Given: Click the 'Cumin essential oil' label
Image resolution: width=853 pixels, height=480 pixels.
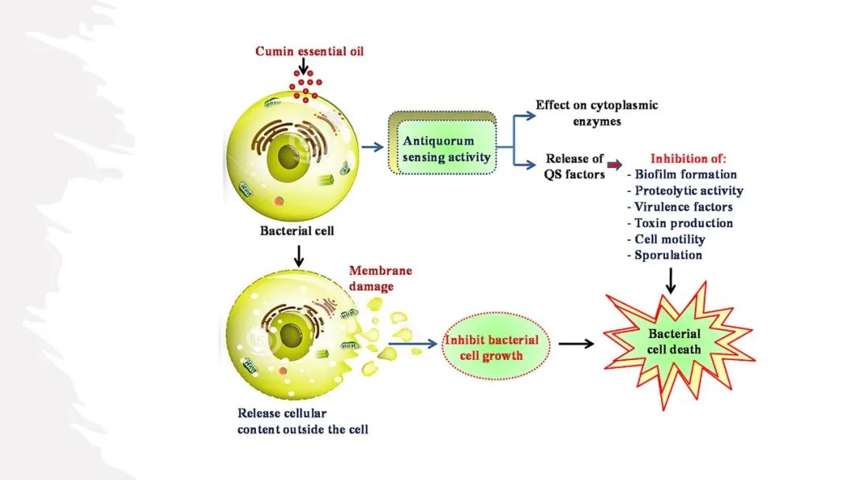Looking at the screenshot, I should (310, 51).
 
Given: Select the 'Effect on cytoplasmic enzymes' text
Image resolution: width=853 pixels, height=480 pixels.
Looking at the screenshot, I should (585, 113).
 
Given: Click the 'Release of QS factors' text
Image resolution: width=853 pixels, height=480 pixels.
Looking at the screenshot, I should (574, 166).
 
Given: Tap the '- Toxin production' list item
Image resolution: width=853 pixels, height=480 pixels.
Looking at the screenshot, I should (684, 223).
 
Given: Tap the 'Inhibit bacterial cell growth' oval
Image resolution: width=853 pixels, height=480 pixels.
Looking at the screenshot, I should (491, 347).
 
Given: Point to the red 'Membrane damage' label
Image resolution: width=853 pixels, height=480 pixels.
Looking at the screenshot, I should (380, 279).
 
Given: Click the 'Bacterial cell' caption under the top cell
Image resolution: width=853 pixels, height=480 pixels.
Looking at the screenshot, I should (297, 231).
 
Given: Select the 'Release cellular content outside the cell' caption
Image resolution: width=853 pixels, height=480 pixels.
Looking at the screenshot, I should (302, 422).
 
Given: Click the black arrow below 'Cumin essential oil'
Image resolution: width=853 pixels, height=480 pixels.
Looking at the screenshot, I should (304, 69).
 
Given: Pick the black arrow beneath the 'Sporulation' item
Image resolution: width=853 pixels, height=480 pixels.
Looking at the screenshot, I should (671, 279).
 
